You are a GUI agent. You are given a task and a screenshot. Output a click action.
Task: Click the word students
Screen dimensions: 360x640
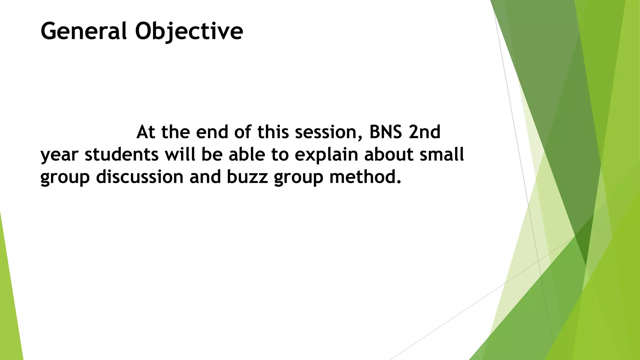click(122, 155)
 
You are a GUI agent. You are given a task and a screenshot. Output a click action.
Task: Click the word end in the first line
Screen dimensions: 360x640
click(212, 132)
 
